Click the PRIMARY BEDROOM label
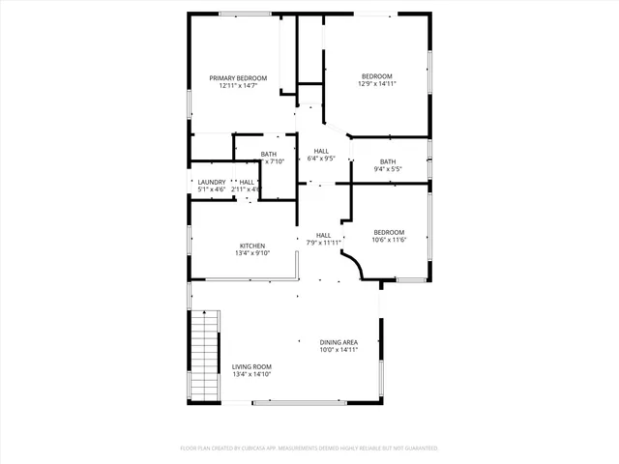point(238,77)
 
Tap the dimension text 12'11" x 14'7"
point(238,85)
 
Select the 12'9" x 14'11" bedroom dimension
point(377,84)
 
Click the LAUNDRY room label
point(212,182)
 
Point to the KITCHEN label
point(252,246)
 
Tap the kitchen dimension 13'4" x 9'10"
point(252,253)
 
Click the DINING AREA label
point(339,342)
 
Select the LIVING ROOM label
point(251,366)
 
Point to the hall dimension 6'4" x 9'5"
point(321,159)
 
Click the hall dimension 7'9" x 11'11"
point(324,243)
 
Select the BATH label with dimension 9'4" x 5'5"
point(388,161)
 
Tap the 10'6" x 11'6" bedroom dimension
point(389,240)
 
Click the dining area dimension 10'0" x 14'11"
point(339,350)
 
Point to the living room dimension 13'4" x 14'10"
point(251,374)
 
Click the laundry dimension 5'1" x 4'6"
point(212,189)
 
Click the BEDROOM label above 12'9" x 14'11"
point(377,76)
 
